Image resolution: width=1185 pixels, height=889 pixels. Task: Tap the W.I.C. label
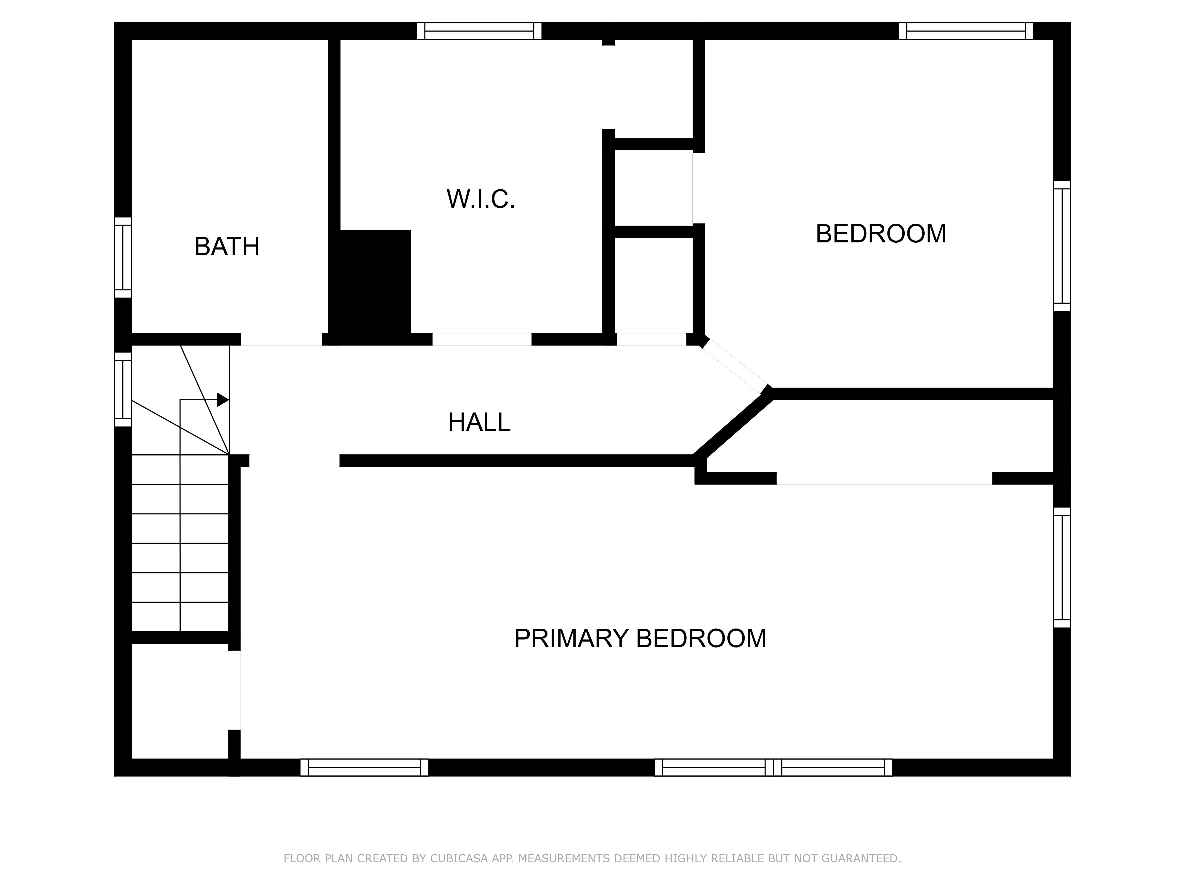tap(481, 199)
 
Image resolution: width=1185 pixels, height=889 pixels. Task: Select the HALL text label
tap(479, 422)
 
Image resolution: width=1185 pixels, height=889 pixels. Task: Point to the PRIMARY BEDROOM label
tap(640, 638)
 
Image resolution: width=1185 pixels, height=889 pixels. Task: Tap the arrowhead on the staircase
tap(222, 400)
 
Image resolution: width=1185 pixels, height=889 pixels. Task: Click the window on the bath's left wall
tap(123, 257)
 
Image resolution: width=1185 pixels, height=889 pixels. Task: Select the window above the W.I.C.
tap(479, 31)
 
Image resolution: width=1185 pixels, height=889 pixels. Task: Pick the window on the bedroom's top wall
tap(965, 31)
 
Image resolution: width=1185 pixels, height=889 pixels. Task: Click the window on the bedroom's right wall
tap(1062, 246)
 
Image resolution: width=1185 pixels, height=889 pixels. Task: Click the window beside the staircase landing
tap(123, 389)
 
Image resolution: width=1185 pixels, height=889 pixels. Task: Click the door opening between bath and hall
tap(281, 339)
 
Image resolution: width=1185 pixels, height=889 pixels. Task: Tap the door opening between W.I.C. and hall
tap(482, 339)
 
